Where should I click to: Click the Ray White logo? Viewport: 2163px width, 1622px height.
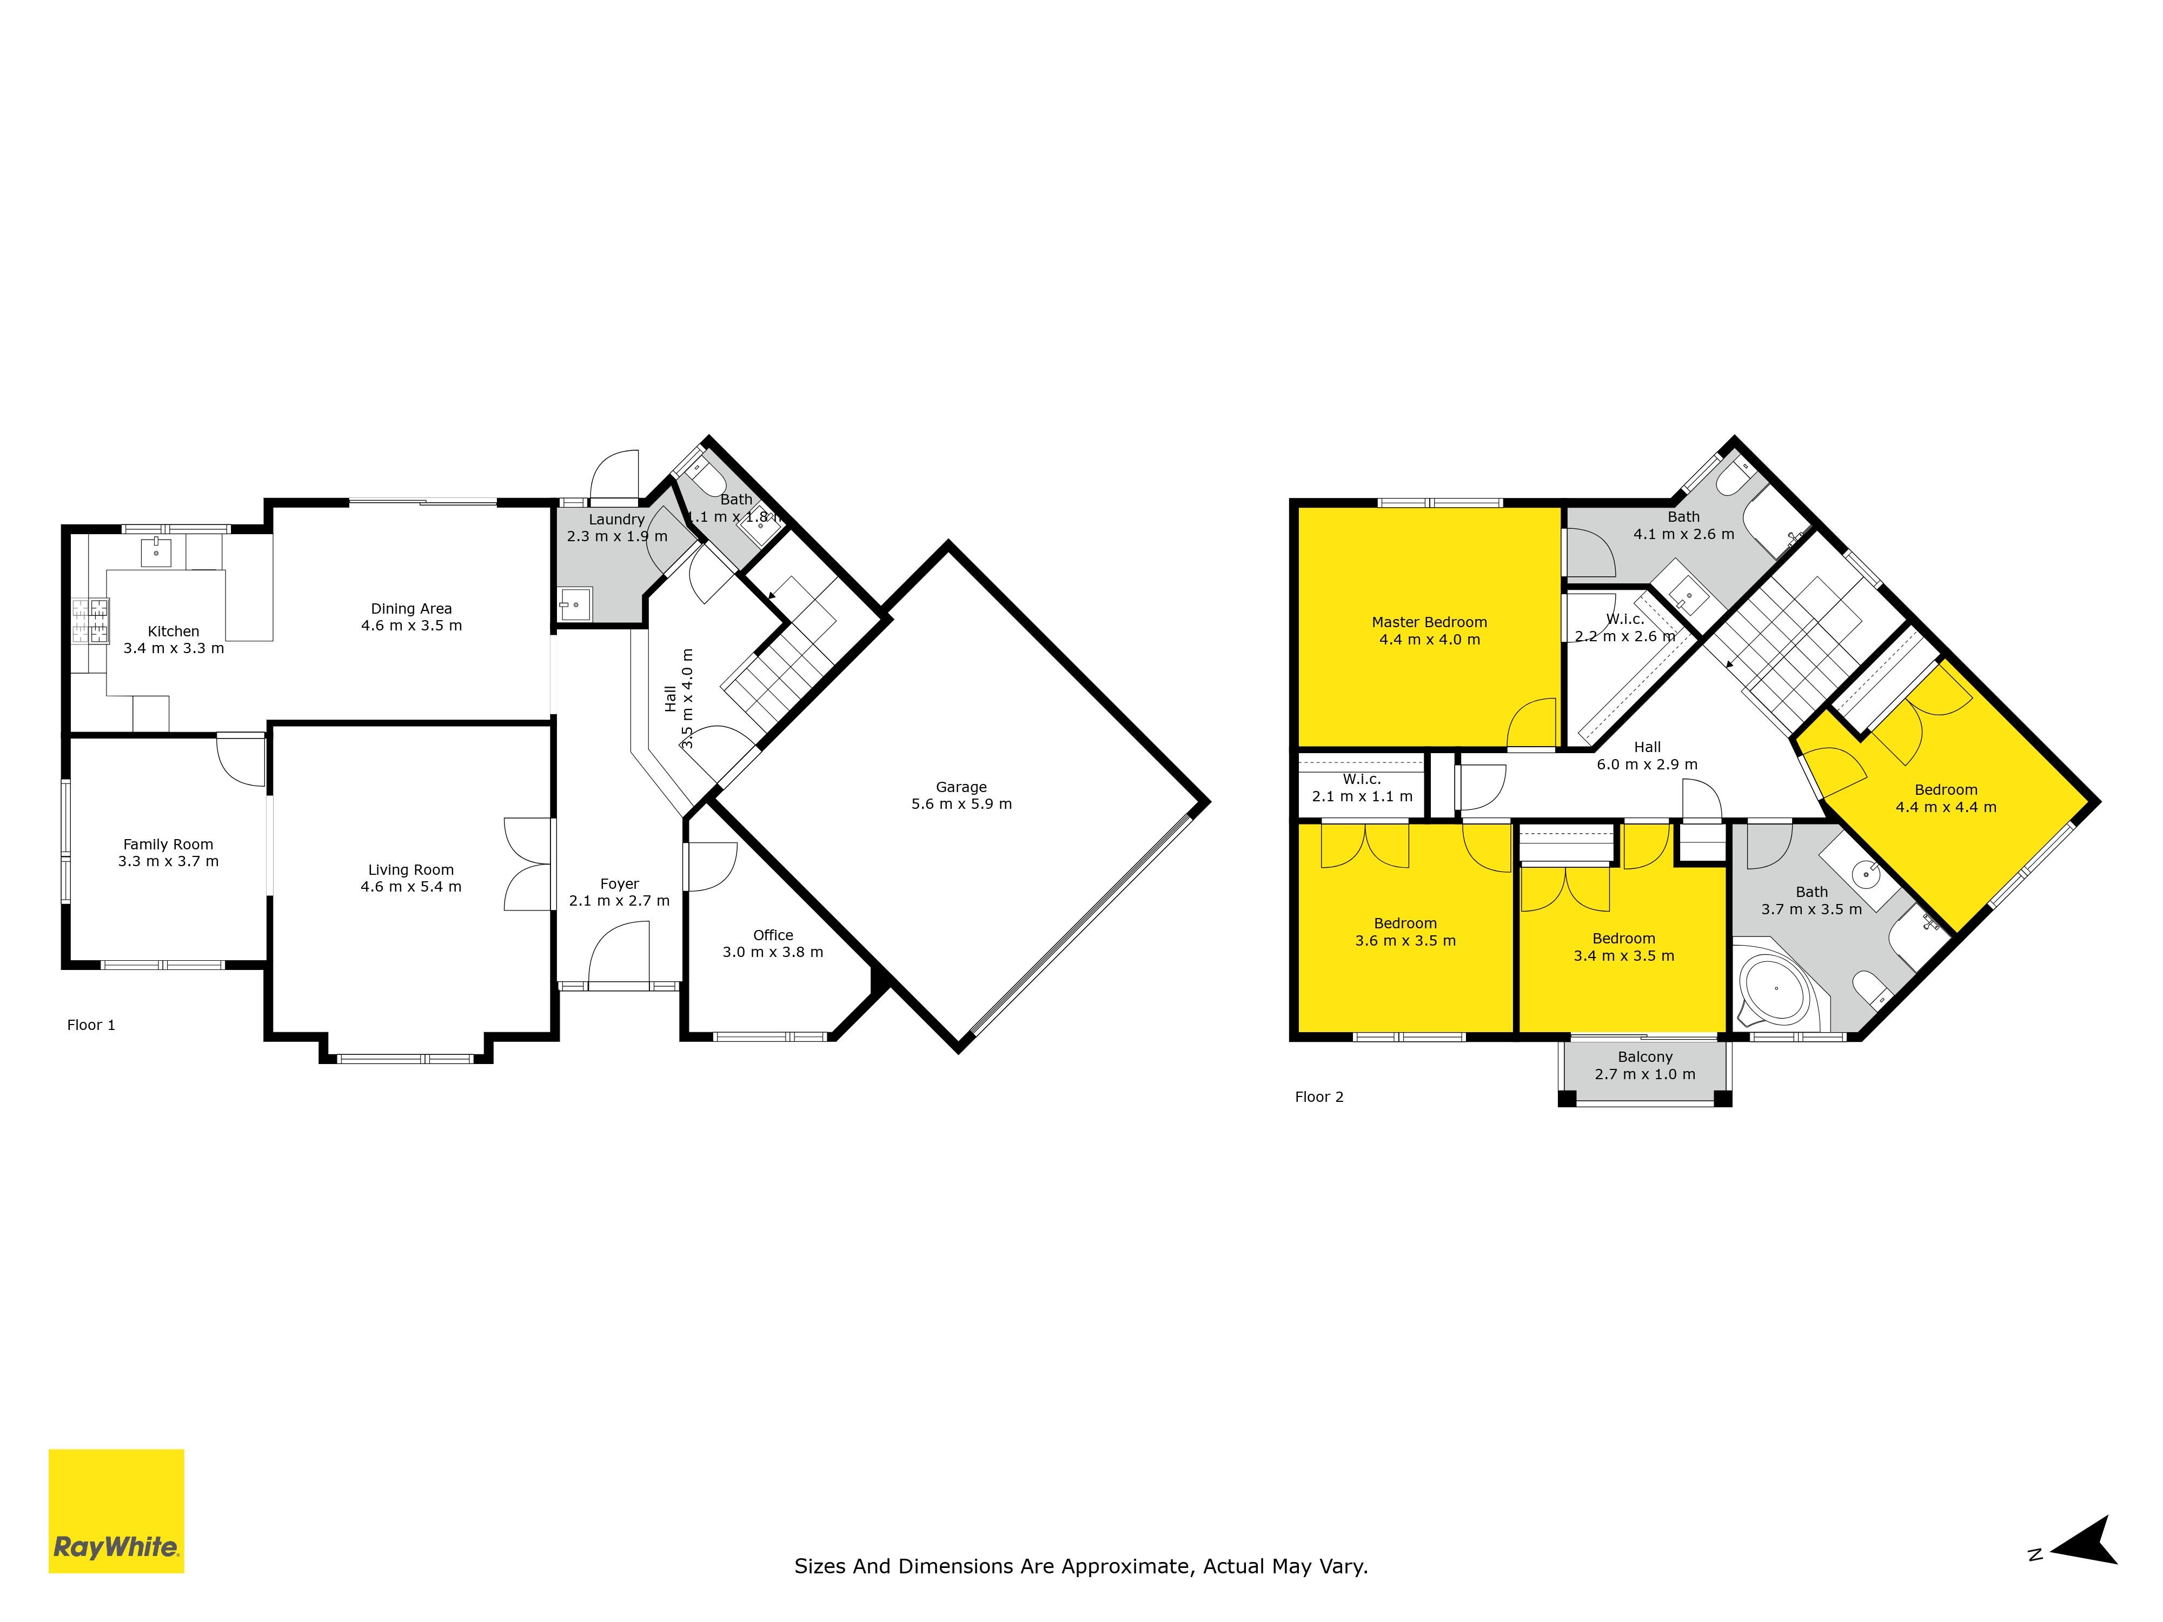pos(116,1511)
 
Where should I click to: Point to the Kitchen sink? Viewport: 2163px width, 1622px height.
pos(156,553)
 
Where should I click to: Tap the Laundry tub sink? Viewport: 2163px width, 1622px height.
pos(575,603)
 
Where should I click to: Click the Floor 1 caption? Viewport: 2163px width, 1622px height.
pos(91,1025)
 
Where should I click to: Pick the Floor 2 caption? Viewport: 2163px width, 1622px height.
pos(1319,1097)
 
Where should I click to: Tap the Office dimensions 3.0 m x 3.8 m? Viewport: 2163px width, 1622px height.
pos(773,951)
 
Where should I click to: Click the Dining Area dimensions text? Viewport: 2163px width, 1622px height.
pos(412,626)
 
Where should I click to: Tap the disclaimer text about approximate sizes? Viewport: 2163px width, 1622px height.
pos(1080,1566)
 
